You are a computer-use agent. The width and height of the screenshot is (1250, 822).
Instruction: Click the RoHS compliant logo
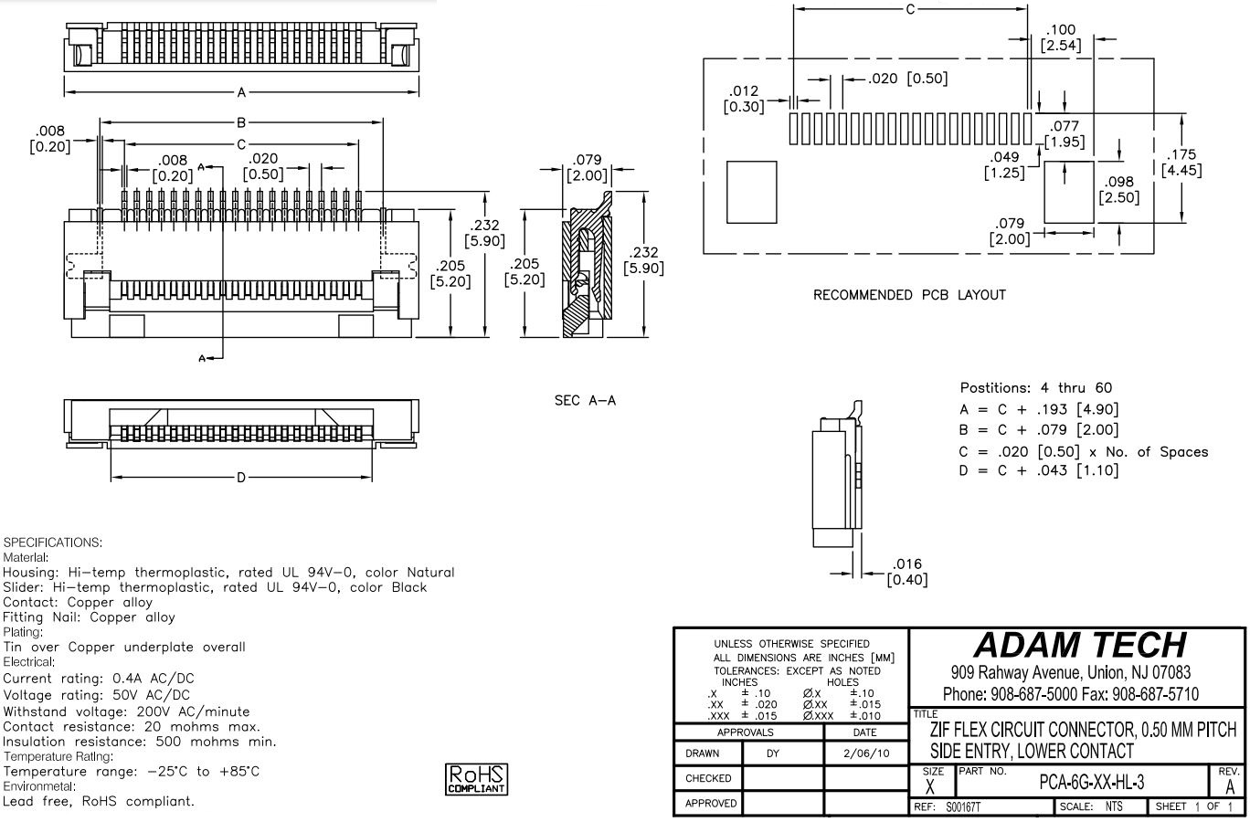click(476, 779)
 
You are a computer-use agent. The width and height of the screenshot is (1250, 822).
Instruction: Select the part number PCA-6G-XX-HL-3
click(1092, 783)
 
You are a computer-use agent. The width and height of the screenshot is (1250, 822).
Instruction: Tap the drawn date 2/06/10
click(864, 753)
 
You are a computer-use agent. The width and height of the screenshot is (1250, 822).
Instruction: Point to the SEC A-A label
click(585, 401)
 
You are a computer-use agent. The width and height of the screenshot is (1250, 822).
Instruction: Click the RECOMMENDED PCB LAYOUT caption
click(909, 295)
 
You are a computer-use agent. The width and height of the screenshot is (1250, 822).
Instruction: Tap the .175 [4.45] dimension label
click(1181, 163)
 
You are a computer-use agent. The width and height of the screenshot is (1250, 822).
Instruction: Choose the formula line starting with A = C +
click(1039, 409)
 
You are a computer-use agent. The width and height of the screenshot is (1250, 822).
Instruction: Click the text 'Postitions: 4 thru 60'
click(1036, 388)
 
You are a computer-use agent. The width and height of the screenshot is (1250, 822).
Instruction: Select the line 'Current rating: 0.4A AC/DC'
click(99, 679)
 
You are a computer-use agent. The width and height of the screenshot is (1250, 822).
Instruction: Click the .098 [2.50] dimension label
click(1119, 190)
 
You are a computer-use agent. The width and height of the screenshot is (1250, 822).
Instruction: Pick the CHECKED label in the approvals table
click(708, 778)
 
